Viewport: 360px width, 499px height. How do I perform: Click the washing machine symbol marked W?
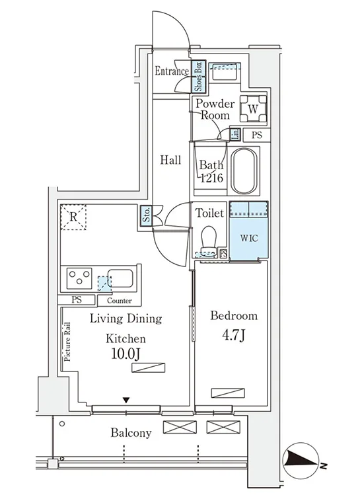pos(253,109)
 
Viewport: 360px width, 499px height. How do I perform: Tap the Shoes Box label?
pos(198,77)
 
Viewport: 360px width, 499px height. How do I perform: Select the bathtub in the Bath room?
pos(244,171)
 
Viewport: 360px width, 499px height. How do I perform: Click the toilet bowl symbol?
pos(209,239)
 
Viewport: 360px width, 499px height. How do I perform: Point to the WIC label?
pos(249,238)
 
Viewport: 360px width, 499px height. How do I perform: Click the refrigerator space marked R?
pos(73,217)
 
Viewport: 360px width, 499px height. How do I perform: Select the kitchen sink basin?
pos(120,278)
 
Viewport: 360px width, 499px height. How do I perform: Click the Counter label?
pos(120,301)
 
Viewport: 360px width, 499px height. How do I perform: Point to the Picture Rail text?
pos(67,342)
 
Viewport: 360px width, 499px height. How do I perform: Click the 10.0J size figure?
pos(126,354)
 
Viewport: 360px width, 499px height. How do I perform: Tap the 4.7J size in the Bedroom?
pos(233,335)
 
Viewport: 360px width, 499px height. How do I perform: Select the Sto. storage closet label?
pos(147,215)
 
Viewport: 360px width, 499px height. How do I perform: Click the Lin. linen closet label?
pos(235,134)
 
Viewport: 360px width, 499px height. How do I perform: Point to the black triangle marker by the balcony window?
pos(127,400)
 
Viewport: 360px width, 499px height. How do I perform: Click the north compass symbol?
pos(301,461)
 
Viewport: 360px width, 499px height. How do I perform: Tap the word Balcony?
pos(131,433)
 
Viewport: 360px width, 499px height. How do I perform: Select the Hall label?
pos(171,160)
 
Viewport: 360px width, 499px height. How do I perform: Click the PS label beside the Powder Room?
pos(257,135)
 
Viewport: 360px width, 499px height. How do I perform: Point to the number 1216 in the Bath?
pos(211,178)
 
